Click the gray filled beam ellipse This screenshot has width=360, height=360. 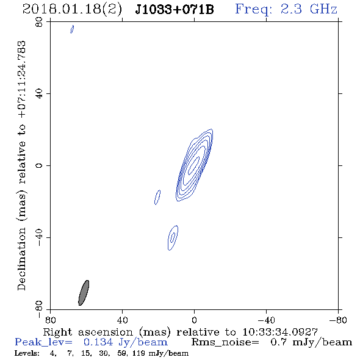point(84,293)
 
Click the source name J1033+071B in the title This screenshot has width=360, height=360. point(175,9)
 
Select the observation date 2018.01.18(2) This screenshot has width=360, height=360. point(72,9)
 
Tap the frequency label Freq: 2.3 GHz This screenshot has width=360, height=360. point(286,9)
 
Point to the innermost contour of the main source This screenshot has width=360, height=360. point(194,165)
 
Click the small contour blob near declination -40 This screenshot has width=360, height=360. point(173,237)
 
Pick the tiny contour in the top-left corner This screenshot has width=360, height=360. point(72,29)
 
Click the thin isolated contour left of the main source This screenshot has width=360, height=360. point(157,197)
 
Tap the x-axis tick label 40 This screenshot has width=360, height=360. point(122,320)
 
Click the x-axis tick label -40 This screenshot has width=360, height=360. point(266,320)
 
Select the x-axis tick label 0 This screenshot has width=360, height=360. point(194,320)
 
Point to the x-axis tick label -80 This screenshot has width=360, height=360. point(338,320)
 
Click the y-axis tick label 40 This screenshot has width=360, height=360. point(39,94)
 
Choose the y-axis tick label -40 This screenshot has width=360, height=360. point(39,237)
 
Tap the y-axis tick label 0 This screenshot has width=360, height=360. point(39,165)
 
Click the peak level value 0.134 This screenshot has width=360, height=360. point(98,342)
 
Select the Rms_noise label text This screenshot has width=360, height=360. point(225,342)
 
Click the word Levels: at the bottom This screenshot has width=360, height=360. point(27,353)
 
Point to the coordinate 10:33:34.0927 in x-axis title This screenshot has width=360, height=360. point(280,332)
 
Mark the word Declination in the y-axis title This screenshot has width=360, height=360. point(21,259)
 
